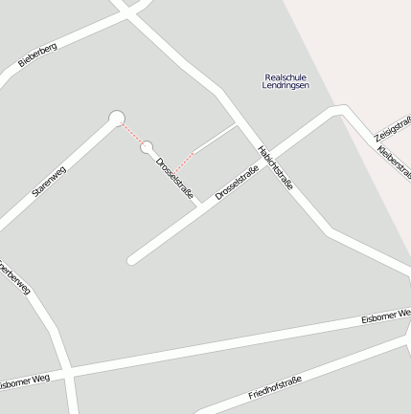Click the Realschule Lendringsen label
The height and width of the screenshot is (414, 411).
[285, 81]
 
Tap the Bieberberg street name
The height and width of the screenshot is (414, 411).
[37, 55]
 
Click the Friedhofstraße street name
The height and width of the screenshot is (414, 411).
[275, 387]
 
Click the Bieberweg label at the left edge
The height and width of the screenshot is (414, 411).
[15, 277]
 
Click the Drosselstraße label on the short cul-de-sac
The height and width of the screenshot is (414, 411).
[174, 178]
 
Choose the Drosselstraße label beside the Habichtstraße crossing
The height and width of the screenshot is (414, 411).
[237, 182]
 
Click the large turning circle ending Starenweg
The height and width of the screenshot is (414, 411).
[117, 119]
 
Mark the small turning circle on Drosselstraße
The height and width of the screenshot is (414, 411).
[147, 147]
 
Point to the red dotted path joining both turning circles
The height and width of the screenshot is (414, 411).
[132, 134]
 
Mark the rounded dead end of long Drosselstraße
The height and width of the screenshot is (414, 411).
[132, 258]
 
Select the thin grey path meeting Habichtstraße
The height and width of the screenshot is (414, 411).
[216, 138]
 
